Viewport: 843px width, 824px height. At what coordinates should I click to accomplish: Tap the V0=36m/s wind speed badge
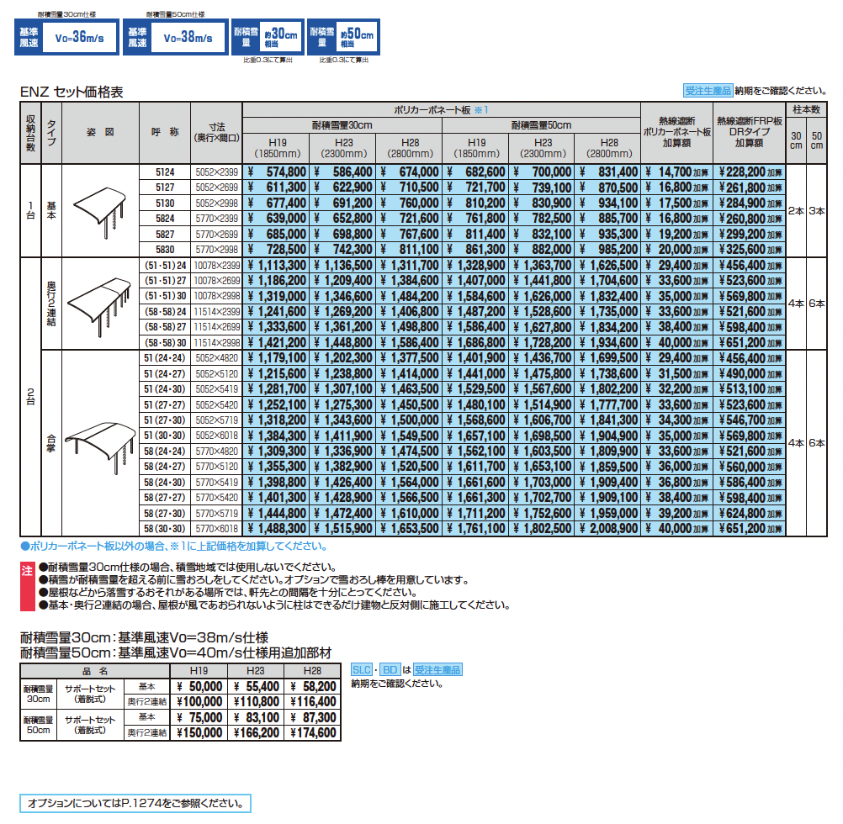point(66,38)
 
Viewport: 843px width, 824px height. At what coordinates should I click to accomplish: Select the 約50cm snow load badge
point(342,38)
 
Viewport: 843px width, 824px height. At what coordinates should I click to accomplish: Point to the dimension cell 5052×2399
point(217,172)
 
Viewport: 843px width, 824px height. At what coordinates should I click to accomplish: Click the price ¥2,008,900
point(607,529)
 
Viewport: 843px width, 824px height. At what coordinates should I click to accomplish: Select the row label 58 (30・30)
point(165,529)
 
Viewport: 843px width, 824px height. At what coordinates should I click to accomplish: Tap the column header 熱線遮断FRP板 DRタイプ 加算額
point(749,132)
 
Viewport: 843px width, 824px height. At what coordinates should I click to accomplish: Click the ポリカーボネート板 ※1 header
point(441,110)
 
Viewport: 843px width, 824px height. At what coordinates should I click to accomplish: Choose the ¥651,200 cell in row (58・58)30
point(749,343)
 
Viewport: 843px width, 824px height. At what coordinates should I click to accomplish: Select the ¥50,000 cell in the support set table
point(199,687)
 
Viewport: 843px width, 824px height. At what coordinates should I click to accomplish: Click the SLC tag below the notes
point(362,670)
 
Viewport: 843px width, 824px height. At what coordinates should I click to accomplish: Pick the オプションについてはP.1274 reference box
point(135,804)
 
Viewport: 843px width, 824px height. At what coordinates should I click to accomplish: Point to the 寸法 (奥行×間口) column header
point(217,132)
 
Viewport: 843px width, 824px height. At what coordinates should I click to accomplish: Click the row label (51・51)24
point(165,265)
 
